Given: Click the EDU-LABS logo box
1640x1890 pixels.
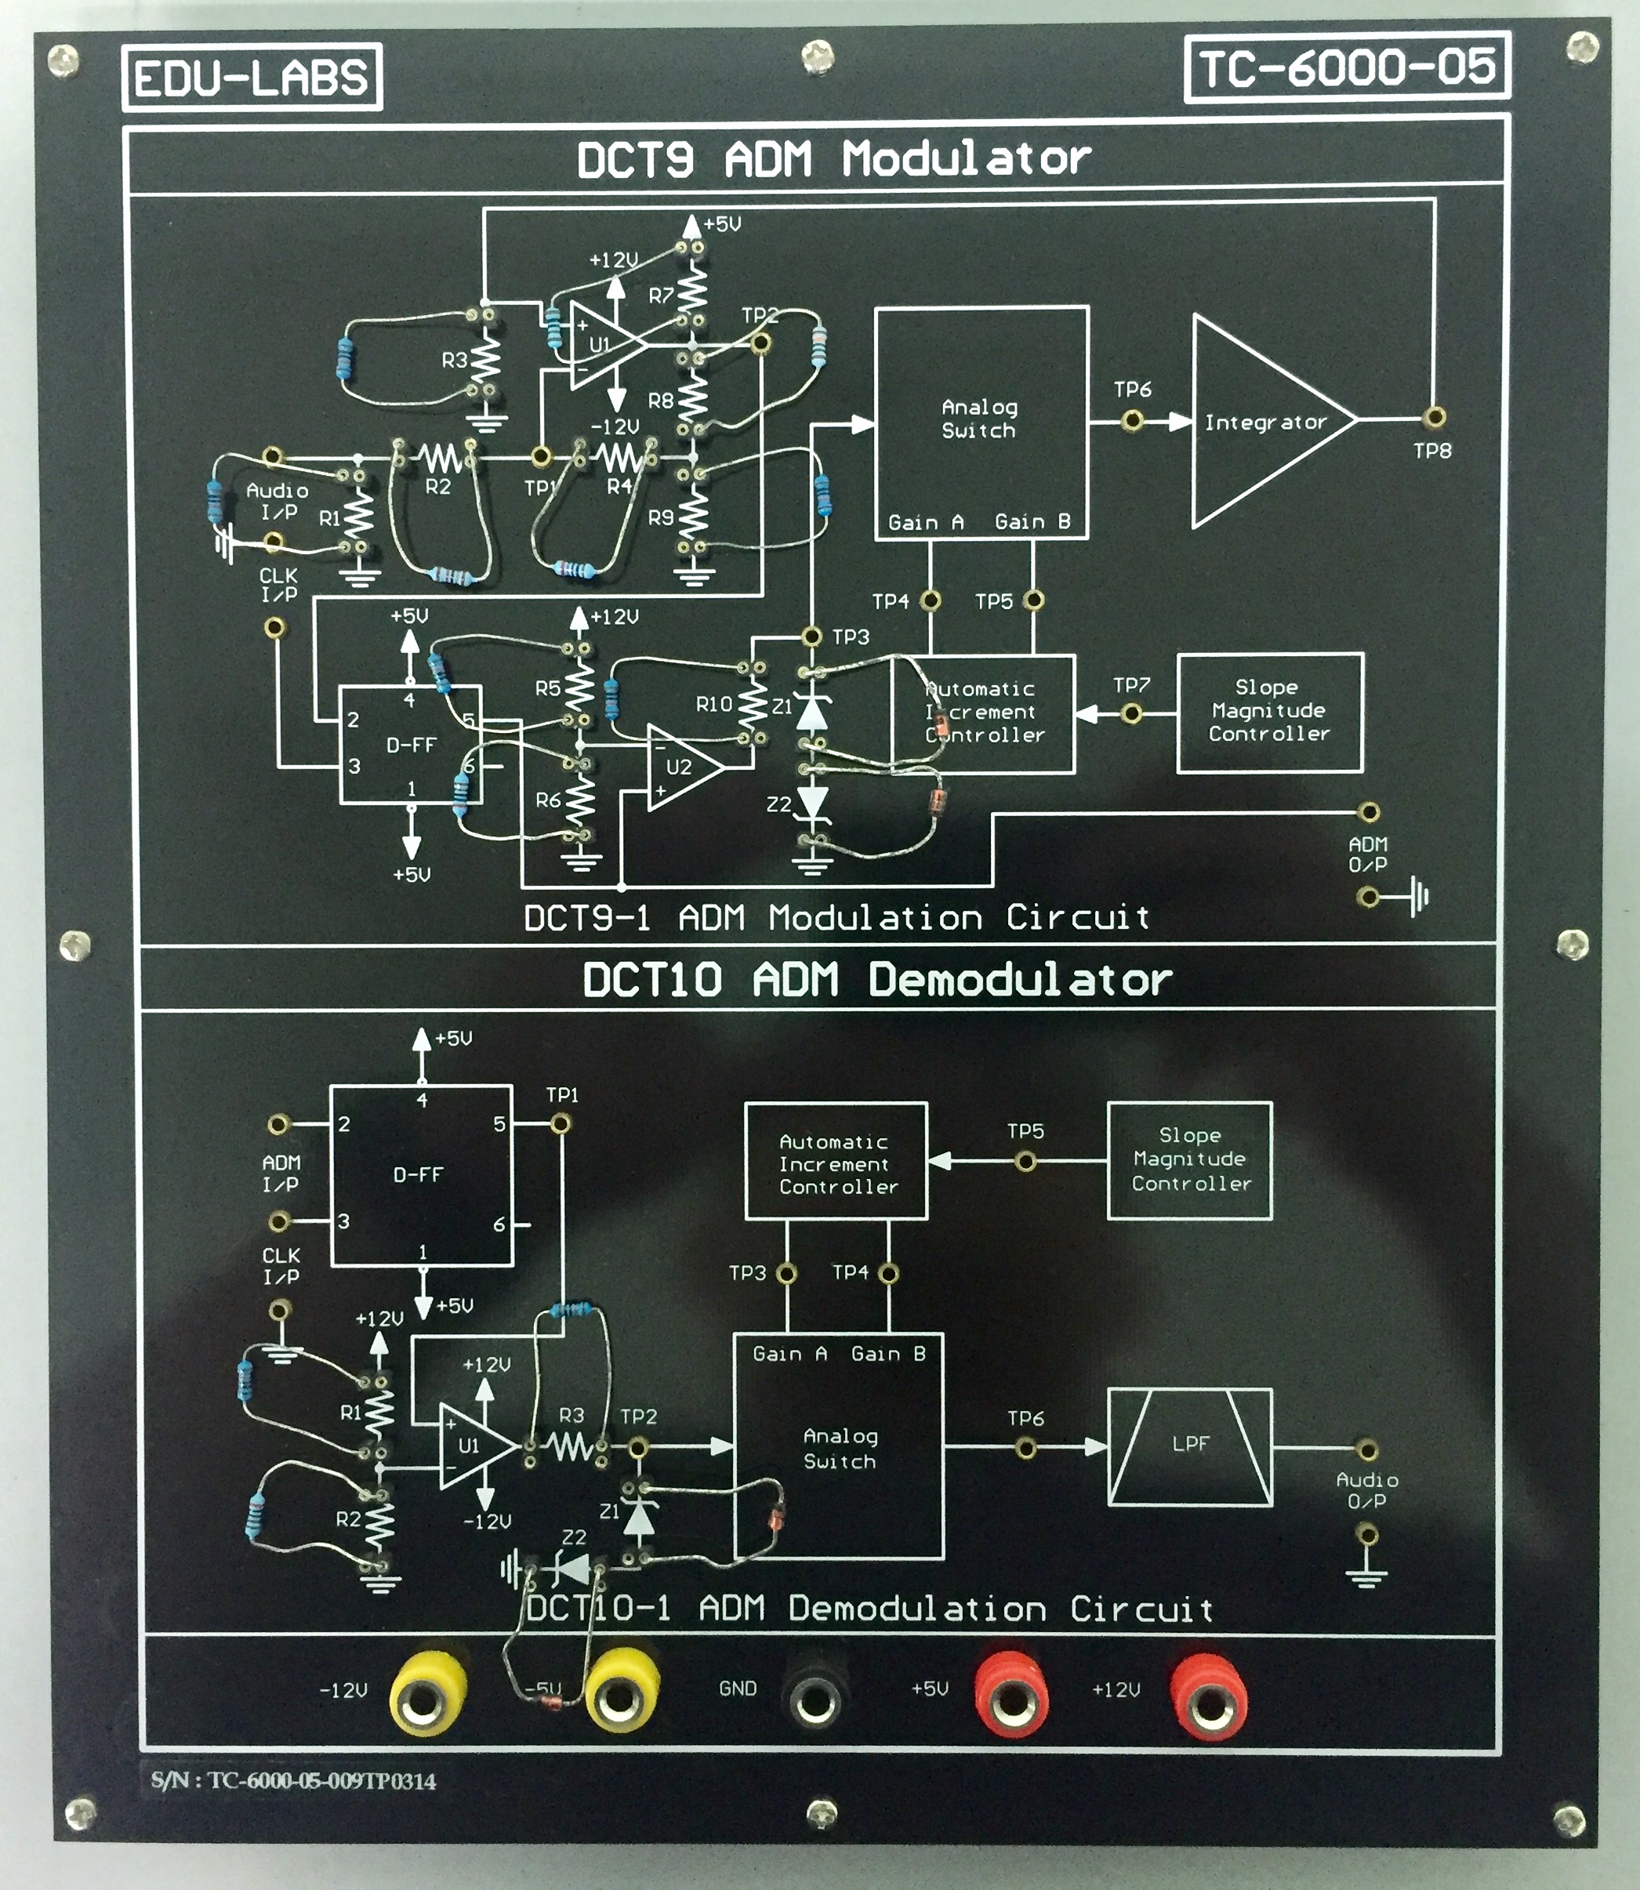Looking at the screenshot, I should click(252, 78).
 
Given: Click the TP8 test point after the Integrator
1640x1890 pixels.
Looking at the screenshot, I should click(1435, 417).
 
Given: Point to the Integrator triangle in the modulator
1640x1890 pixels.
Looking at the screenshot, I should click(1268, 422).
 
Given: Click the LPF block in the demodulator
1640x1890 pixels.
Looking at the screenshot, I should click(1190, 1446).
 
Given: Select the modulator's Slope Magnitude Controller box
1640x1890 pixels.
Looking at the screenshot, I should click(1269, 712).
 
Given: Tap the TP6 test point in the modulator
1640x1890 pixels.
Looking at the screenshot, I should click(1132, 420).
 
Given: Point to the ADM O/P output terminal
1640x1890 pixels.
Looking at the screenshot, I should click(1368, 812).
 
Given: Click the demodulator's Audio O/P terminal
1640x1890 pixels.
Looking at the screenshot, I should click(1366, 1449).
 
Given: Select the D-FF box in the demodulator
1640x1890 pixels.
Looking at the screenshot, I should click(420, 1175).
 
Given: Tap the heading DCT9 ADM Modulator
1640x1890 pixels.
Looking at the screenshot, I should click(833, 159).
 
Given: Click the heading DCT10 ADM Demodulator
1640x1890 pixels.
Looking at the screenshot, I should click(876, 980).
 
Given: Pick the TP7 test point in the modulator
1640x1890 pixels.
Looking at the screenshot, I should click(1132, 713).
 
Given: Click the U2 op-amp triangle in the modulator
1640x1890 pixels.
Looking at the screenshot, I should click(682, 767).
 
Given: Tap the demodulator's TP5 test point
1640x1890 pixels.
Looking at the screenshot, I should click(1026, 1162).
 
